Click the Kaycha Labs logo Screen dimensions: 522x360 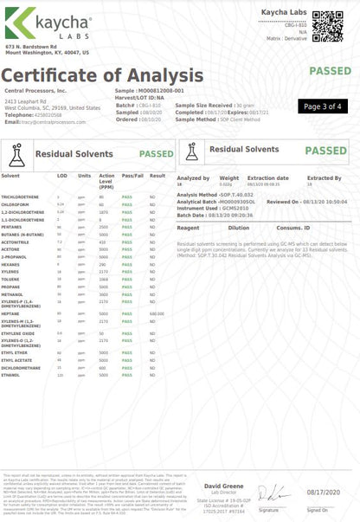(41, 22)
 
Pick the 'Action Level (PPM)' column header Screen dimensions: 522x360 (106, 180)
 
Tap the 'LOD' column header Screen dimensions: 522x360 (61, 175)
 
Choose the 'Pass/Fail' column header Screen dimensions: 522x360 (132, 175)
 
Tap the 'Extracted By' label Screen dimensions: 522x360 (325, 177)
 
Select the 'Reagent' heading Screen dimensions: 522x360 (188, 228)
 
